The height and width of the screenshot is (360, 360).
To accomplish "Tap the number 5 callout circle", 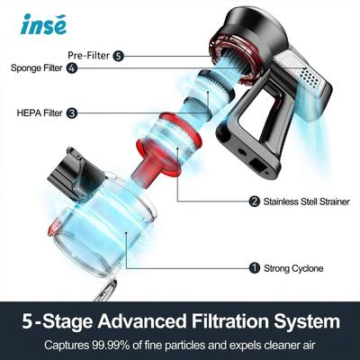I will tap(118, 56).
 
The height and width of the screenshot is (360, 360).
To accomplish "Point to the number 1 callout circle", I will tap(255, 267).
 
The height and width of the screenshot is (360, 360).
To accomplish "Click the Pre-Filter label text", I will tap(91, 56).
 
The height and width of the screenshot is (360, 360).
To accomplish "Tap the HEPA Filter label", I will tap(38, 113).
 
